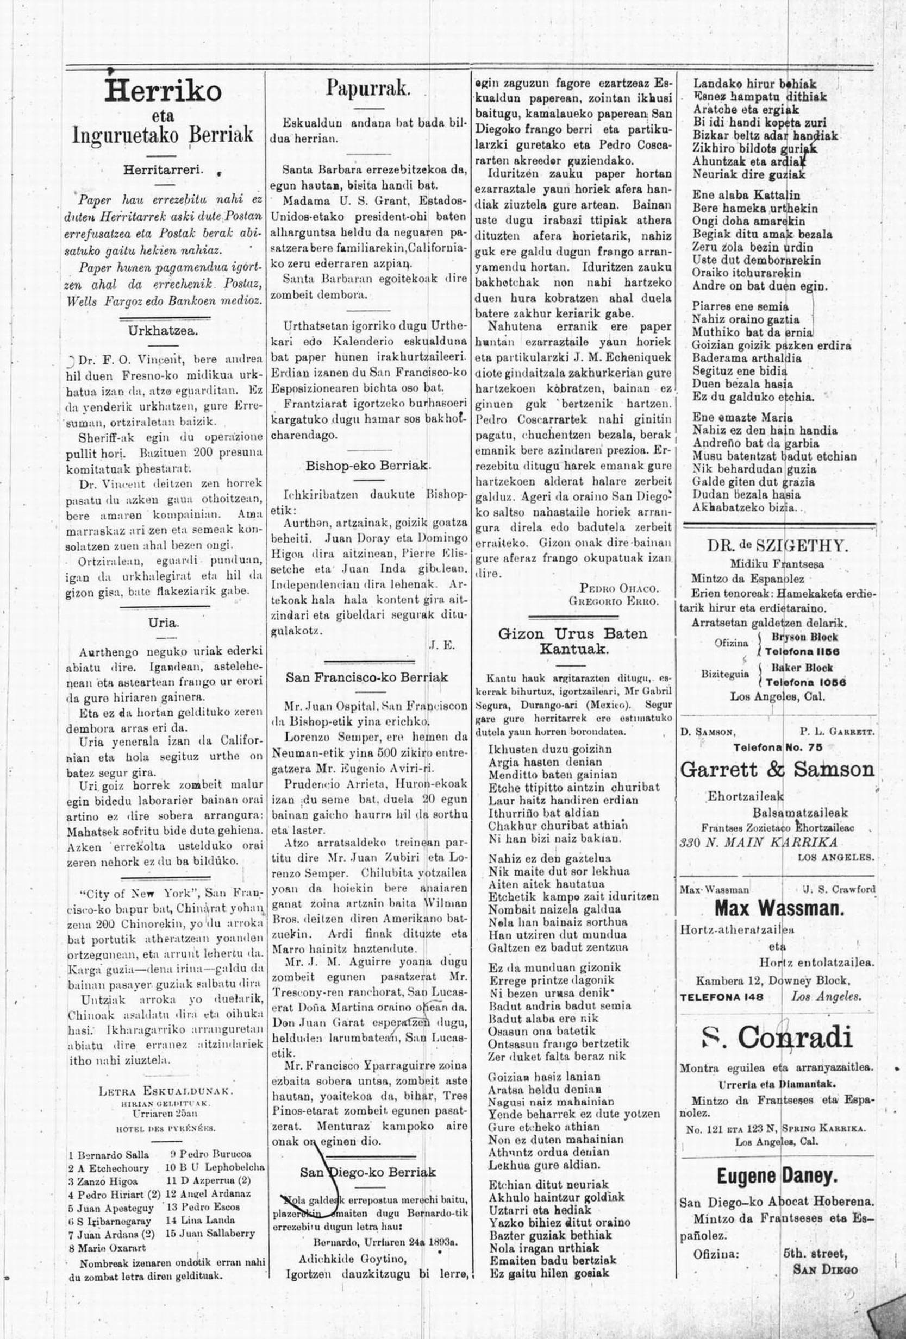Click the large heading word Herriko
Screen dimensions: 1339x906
[x=164, y=91]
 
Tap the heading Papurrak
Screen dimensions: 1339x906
[x=368, y=88]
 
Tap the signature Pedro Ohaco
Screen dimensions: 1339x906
[x=619, y=588]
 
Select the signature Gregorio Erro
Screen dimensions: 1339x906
[x=613, y=600]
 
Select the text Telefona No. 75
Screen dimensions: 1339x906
[x=777, y=747]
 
